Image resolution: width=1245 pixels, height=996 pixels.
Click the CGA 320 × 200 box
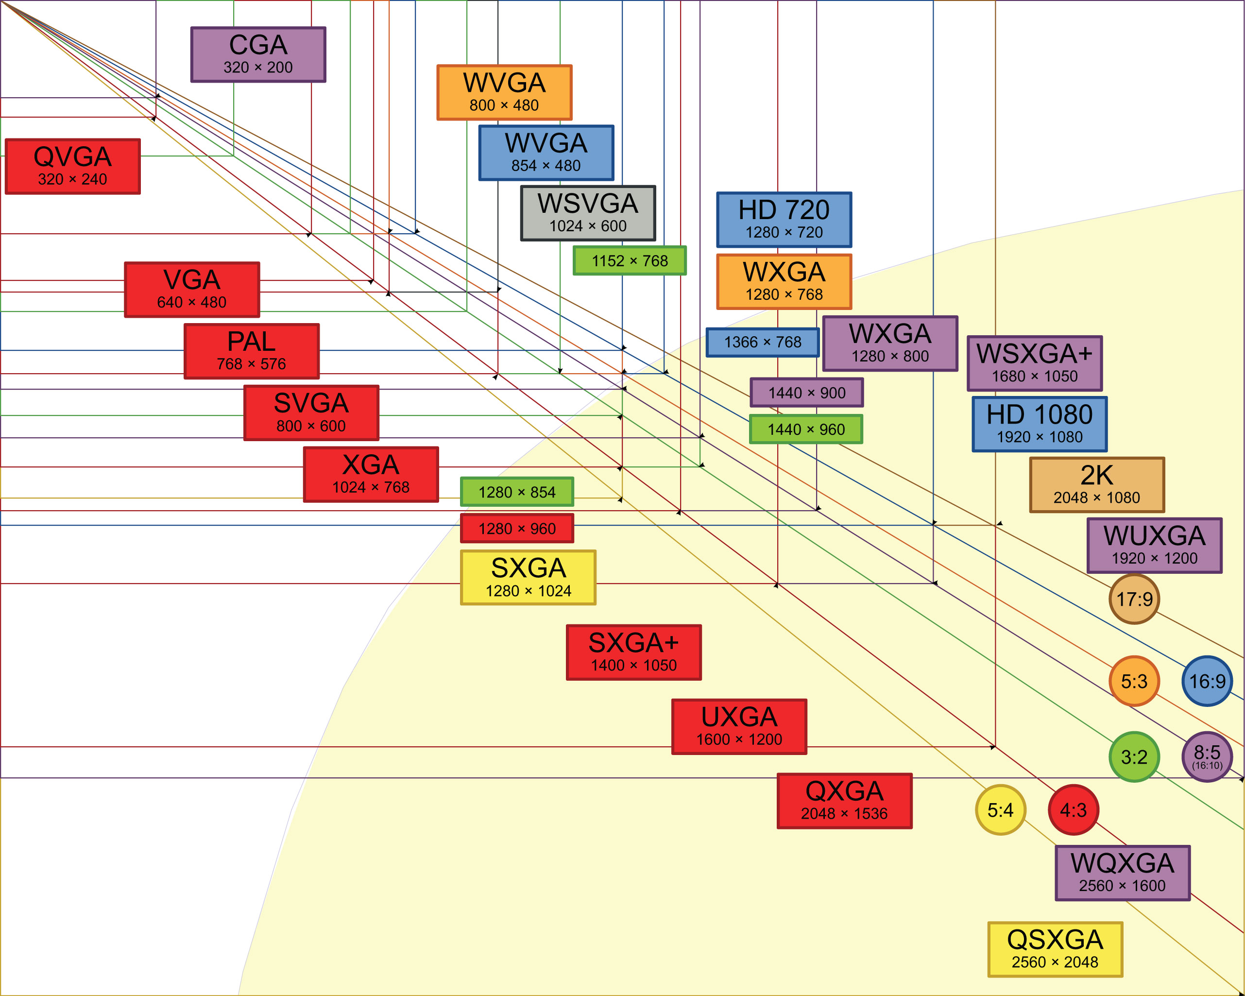coord(258,54)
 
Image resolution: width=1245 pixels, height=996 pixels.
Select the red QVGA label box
coord(73,166)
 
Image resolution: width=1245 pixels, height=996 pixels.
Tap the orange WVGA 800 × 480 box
coord(504,92)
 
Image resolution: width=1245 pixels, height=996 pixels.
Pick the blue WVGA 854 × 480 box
coord(546,153)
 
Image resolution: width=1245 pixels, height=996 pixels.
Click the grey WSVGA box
coord(588,213)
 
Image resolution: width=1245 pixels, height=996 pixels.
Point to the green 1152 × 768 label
coord(630,260)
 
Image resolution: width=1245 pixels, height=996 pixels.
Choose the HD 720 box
coord(784,220)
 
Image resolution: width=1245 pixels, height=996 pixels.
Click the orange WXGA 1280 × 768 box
coord(784,282)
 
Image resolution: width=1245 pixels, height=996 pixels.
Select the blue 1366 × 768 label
coord(762,343)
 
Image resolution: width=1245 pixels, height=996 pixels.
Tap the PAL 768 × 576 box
coord(251,351)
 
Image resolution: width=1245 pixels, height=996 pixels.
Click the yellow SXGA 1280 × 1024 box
coord(528,578)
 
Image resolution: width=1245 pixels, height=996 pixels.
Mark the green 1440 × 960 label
coord(805,429)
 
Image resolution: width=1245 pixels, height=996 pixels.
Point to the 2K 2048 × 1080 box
coord(1096,485)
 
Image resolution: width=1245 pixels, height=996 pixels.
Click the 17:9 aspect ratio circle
coord(1134,599)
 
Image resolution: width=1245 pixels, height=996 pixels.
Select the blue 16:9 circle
coord(1207,681)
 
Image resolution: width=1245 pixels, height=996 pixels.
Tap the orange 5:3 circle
coord(1134,681)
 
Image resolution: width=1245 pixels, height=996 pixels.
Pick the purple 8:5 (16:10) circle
coord(1207,757)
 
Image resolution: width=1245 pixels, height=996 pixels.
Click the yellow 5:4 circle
coord(1000,810)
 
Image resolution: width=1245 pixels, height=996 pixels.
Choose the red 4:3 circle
coord(1073,810)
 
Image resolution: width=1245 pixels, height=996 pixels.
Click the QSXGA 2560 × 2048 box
coord(1055,949)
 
